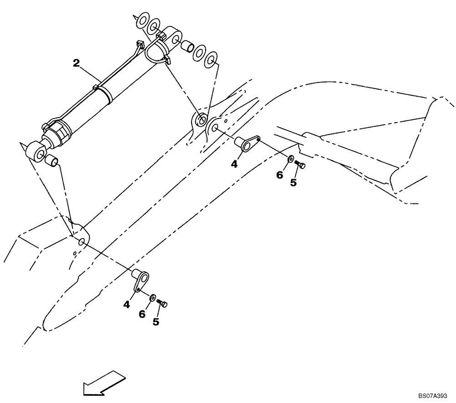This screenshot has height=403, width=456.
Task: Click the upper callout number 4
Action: [234, 164]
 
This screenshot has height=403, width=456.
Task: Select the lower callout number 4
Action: [126, 303]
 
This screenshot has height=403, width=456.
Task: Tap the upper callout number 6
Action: [280, 175]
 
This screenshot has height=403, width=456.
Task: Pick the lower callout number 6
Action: [142, 314]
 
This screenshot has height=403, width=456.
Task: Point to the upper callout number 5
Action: [293, 182]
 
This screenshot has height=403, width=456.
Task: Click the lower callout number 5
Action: [156, 322]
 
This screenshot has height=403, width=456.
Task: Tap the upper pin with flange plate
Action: [247, 143]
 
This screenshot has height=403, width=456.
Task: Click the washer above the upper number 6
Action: [290, 160]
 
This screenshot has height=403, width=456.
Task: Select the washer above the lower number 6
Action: [153, 298]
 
